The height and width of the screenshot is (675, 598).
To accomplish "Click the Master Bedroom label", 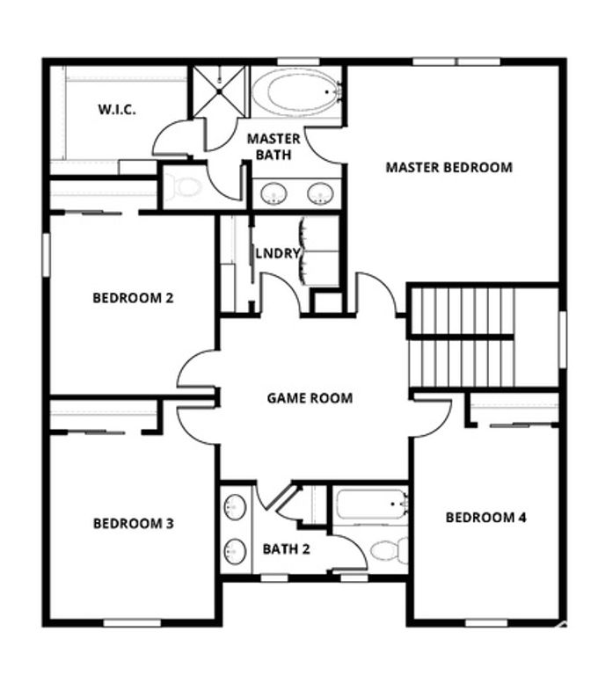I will click(x=448, y=167).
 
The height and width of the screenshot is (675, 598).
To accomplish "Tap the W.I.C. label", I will click(x=116, y=111).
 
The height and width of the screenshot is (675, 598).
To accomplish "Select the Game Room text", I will click(x=310, y=398).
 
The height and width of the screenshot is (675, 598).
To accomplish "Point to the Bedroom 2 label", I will click(x=133, y=298).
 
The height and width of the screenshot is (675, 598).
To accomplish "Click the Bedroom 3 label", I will click(x=133, y=524).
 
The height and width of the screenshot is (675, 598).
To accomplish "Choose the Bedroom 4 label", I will click(x=485, y=517).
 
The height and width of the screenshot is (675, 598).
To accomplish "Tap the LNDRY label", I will click(x=278, y=254).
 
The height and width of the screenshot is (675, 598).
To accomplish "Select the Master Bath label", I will click(x=273, y=147).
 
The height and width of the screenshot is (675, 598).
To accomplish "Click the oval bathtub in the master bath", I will click(x=296, y=91).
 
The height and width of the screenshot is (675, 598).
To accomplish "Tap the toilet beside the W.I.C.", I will click(x=186, y=187).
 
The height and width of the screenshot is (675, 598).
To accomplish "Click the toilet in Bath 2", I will click(x=388, y=550).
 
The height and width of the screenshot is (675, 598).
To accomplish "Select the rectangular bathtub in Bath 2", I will click(x=370, y=506).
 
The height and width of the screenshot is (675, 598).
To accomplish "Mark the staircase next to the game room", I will click(x=460, y=336).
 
